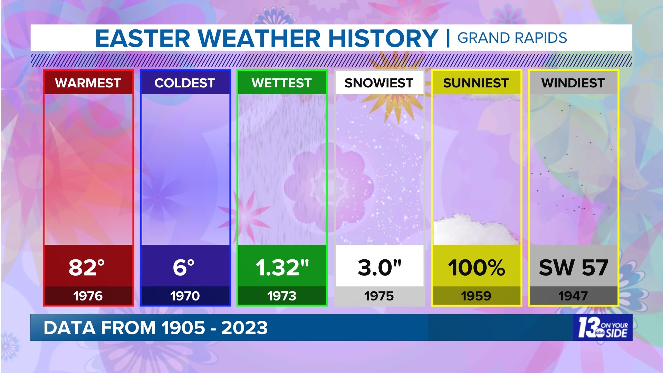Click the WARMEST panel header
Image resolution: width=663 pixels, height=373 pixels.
(88, 83)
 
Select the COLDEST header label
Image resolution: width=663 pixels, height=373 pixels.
(185, 83)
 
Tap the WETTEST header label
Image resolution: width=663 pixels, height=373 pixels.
(282, 83)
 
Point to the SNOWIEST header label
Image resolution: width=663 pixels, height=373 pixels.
(379, 83)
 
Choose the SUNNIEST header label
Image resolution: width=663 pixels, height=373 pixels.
(476, 83)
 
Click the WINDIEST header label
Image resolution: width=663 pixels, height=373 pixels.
(573, 83)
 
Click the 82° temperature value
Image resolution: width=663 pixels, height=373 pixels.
(87, 267)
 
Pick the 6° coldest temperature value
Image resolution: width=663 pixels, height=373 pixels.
(184, 267)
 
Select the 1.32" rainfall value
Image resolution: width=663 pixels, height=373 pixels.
(282, 267)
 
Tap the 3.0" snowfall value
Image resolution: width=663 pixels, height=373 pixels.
(379, 267)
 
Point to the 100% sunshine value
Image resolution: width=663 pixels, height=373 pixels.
(477, 267)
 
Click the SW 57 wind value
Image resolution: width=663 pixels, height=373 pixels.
(573, 267)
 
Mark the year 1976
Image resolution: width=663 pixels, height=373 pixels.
(88, 296)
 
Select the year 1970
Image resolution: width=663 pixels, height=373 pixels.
(185, 296)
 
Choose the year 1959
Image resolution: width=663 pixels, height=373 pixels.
(476, 296)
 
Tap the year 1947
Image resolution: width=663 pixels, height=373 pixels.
(573, 296)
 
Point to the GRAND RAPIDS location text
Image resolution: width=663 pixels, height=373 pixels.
(512, 38)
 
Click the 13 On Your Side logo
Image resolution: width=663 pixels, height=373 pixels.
(603, 327)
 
